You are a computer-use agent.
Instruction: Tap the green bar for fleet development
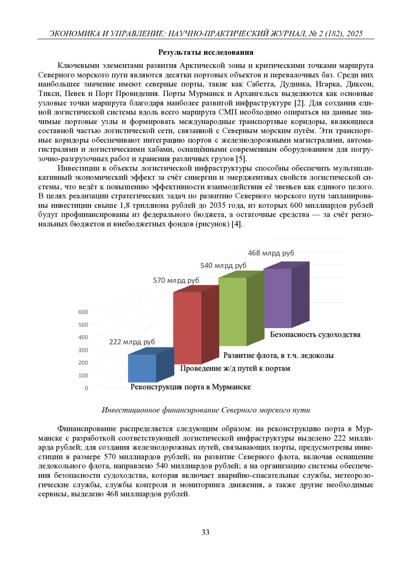[x=232, y=312]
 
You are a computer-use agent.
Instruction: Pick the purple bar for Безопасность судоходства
[x=278, y=298]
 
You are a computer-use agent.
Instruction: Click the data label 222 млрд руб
[x=132, y=342]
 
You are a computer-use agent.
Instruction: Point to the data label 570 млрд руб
[x=176, y=280]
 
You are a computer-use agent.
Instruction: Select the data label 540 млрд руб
[x=223, y=265]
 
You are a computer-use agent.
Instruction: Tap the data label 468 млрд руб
[x=271, y=253]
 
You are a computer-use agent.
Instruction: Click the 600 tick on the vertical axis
[x=83, y=312]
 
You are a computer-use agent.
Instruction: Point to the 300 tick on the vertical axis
[x=83, y=350]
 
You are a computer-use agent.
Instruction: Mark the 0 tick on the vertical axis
[x=86, y=388]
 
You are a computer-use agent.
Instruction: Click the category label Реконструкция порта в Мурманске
[x=191, y=387]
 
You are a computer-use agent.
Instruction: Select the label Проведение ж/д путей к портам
[x=235, y=368]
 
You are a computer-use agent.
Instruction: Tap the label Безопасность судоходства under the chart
[x=315, y=334]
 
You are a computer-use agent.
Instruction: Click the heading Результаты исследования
[x=206, y=52]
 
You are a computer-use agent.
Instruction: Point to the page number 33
[x=205, y=532]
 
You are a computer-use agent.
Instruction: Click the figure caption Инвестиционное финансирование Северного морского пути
[x=206, y=410]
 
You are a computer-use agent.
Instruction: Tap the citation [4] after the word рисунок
[x=237, y=224]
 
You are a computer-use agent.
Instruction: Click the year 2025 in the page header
[x=354, y=34]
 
